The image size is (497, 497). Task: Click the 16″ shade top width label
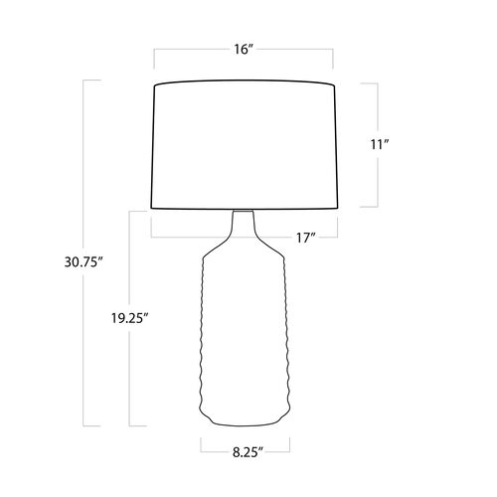pyautogui.click(x=244, y=50)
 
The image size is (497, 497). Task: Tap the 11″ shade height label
pyautogui.click(x=380, y=144)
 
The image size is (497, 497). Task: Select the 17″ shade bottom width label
pyautogui.click(x=305, y=238)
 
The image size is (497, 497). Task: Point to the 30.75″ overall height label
pyautogui.click(x=83, y=262)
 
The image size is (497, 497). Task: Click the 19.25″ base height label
pyautogui.click(x=129, y=318)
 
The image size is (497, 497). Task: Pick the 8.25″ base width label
pyautogui.click(x=248, y=452)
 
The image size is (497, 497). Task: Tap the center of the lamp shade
pyautogui.click(x=245, y=145)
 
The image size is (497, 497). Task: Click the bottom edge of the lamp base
pyautogui.click(x=246, y=424)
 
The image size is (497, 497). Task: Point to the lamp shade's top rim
pyautogui.click(x=245, y=81)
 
